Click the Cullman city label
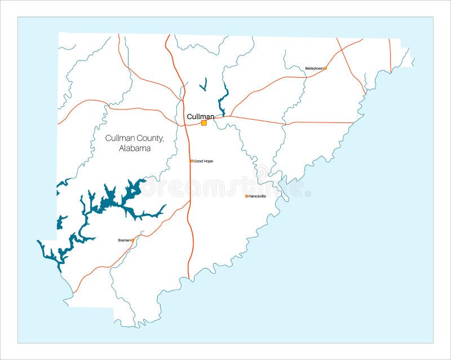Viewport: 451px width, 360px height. click(200, 116)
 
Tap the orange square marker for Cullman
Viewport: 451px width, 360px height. click(204, 122)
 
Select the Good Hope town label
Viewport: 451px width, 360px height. click(204, 161)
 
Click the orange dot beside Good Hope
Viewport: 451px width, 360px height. click(192, 161)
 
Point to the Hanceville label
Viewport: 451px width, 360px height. click(257, 196)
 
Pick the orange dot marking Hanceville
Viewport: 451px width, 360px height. click(246, 196)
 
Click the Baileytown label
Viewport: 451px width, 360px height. click(314, 68)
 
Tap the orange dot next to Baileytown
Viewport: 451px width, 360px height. click(325, 68)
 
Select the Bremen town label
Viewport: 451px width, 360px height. click(124, 240)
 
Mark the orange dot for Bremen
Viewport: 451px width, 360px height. click(133, 240)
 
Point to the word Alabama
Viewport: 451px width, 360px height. click(135, 148)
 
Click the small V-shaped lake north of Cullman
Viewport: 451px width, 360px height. click(204, 85)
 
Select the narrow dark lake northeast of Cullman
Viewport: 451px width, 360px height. click(224, 99)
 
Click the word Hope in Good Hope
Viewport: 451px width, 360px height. click(208, 161)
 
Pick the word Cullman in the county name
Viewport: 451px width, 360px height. click(119, 138)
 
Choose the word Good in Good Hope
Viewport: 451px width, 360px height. click(198, 161)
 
